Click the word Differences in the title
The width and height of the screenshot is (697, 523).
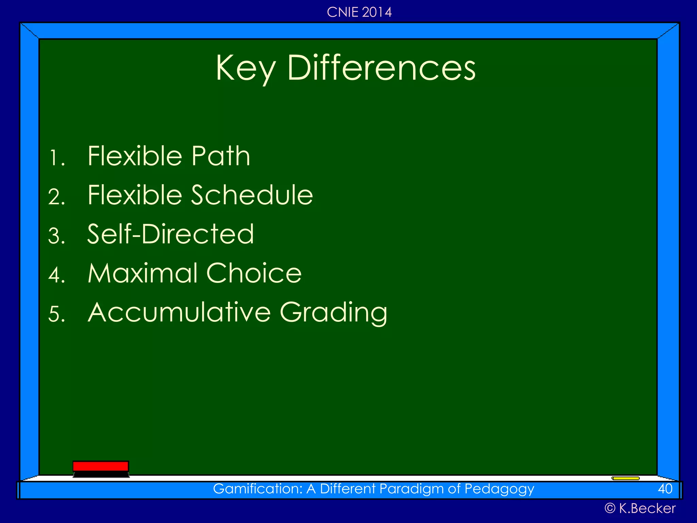(381, 68)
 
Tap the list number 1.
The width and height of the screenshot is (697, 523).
(56, 158)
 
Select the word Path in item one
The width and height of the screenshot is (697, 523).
(221, 156)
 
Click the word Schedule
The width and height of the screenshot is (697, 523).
(252, 195)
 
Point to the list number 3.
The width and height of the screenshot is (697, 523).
(56, 236)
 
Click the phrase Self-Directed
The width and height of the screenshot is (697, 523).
(171, 234)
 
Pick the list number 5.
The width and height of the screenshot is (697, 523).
(56, 314)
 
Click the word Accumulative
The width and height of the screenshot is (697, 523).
(179, 312)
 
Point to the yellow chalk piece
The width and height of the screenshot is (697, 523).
(626, 478)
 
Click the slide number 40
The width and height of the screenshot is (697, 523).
(665, 489)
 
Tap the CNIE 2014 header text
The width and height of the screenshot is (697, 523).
(359, 12)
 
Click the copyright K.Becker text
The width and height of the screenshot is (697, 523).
(640, 508)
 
